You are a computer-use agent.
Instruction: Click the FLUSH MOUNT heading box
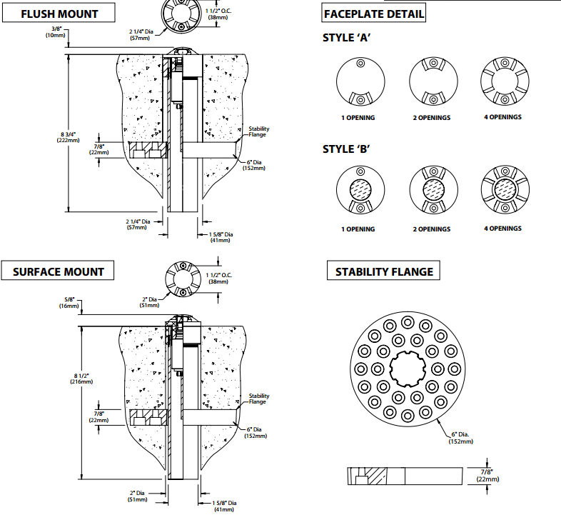[x=60, y=13]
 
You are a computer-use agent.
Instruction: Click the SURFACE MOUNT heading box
[x=59, y=271]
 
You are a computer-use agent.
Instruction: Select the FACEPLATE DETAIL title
[x=374, y=14]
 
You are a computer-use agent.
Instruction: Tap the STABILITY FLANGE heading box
[x=384, y=271]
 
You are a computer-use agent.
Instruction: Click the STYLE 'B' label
[x=346, y=149]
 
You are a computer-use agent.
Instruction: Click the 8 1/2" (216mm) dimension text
[x=81, y=379]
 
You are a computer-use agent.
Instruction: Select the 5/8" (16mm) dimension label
[x=68, y=301]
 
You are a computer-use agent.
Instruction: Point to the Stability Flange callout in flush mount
[x=259, y=131]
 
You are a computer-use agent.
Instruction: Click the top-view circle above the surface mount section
[x=183, y=278]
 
